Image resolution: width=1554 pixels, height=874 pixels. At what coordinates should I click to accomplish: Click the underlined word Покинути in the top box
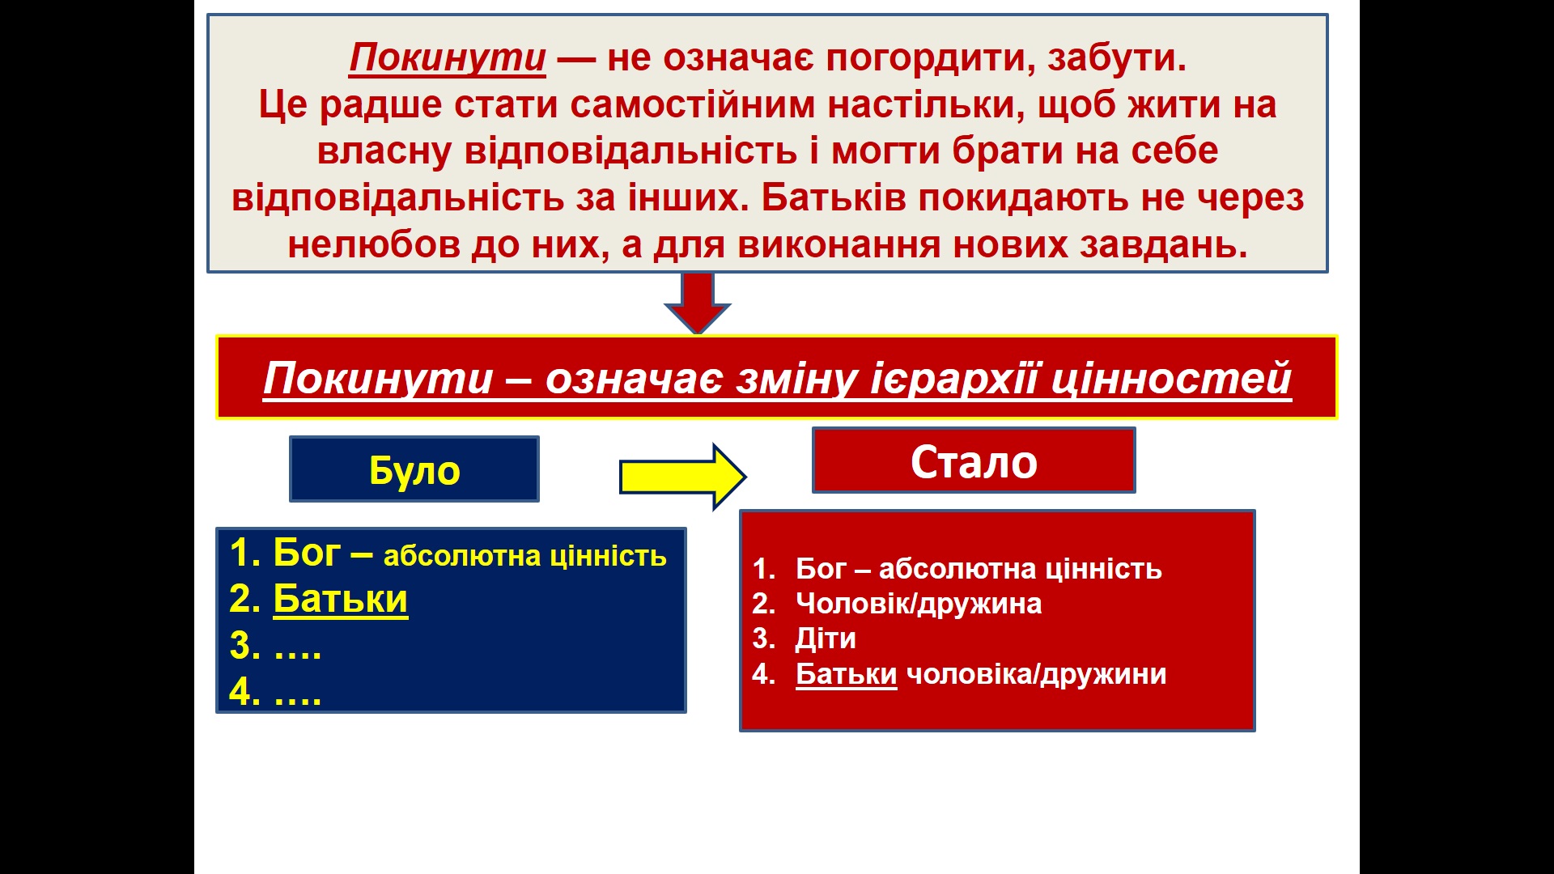448,58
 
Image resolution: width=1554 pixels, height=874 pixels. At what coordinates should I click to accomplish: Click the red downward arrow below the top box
698,303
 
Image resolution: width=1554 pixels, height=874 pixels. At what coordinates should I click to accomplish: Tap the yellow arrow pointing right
683,477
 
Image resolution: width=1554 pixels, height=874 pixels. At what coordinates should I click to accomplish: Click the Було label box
414,469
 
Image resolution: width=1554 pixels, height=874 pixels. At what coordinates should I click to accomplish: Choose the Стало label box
974,460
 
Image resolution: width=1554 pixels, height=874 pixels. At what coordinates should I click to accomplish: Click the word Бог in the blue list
307,553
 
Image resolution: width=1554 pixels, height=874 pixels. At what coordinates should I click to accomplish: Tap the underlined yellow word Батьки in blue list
341,600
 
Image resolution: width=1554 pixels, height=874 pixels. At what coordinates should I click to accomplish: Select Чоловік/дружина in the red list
919,605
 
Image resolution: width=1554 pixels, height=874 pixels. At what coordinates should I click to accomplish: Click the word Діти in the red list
826,639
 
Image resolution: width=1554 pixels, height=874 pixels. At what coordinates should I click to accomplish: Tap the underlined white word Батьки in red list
847,674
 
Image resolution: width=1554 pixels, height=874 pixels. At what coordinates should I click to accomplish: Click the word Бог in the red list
821,569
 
